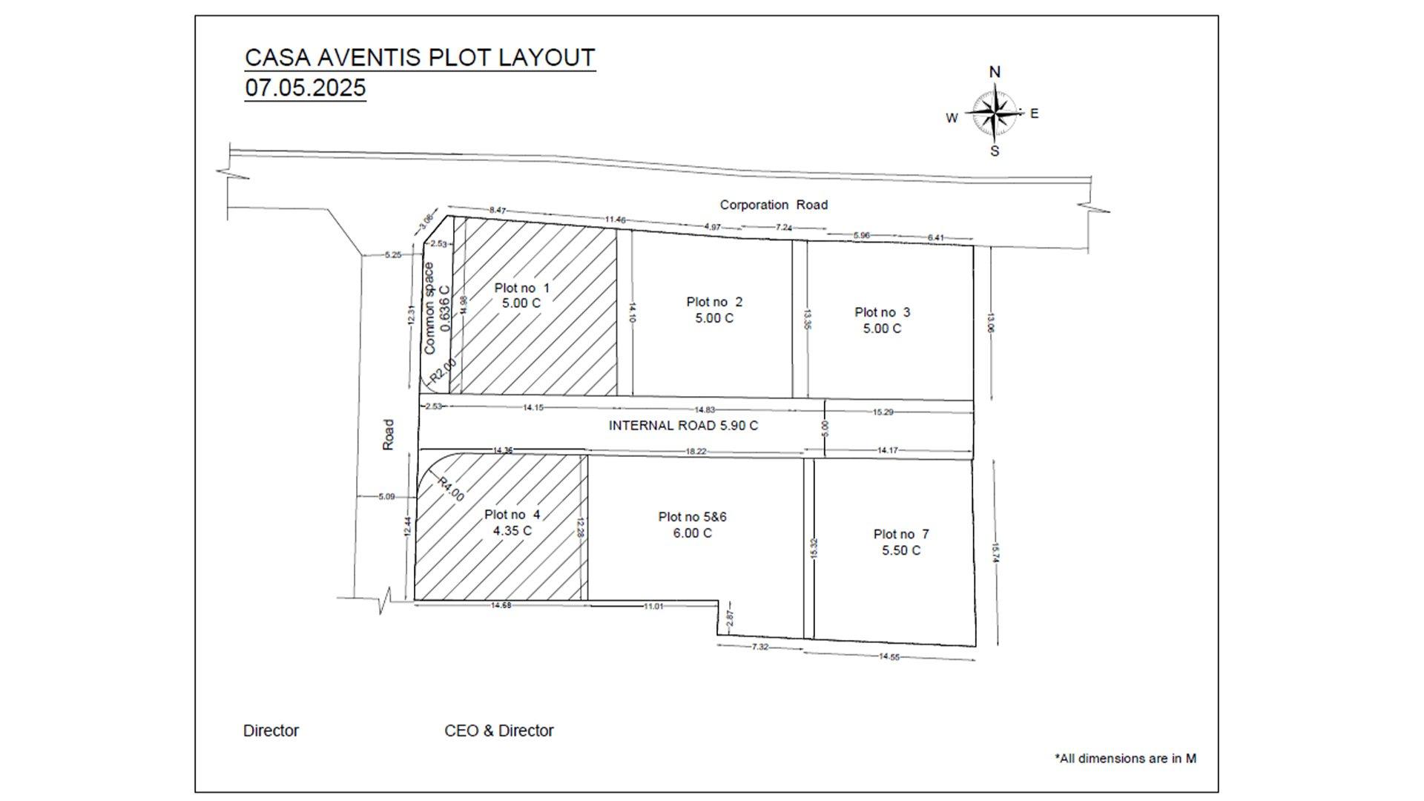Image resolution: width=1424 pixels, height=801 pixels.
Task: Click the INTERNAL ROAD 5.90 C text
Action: pos(683,426)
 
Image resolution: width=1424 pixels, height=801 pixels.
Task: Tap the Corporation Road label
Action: pos(774,205)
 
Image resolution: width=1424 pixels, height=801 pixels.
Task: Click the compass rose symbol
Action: pos(994,113)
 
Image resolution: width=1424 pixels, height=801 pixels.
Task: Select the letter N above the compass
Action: pos(995,72)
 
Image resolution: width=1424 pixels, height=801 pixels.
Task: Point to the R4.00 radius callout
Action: pos(450,489)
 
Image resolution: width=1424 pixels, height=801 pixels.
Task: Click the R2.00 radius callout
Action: pos(442,369)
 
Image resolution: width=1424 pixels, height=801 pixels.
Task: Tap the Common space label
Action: pos(429,308)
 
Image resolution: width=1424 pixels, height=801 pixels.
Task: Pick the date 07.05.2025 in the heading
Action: pos(305,88)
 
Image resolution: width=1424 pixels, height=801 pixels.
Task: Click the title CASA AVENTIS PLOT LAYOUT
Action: pos(420,58)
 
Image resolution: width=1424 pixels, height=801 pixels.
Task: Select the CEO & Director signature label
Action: pos(498,731)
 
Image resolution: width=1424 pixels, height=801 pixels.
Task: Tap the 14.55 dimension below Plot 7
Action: pos(889,656)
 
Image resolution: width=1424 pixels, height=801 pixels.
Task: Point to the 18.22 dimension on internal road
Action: pos(695,451)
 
